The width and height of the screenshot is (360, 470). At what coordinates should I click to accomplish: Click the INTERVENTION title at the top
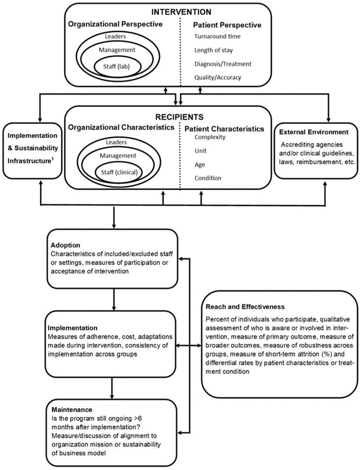pos(180,11)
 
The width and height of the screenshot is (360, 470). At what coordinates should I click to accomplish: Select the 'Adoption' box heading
pos(66,245)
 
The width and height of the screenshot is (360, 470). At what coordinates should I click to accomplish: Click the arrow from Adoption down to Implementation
pos(114,299)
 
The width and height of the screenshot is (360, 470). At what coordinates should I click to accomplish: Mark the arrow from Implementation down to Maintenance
pos(114,388)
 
